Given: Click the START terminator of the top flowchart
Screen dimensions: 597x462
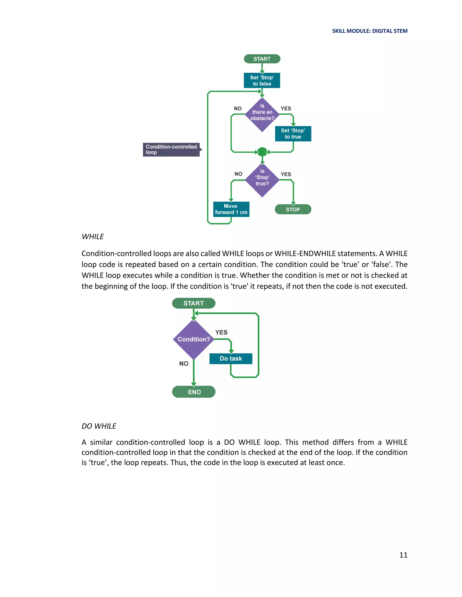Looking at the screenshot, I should coord(262,59).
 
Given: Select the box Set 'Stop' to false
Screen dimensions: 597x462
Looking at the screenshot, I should coord(262,80).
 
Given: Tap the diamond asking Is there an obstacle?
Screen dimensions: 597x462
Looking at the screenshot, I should coord(262,114).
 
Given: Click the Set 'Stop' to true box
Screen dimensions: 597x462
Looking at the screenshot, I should coord(293,134).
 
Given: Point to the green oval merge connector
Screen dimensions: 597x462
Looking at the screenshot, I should coord(262,152).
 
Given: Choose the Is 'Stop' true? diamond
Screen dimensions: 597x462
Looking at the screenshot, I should coord(262,180).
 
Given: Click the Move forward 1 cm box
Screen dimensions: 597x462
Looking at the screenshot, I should coord(231,209).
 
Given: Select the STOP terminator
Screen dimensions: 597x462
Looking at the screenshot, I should coord(293,209).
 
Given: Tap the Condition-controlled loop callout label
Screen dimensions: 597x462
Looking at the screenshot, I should coord(171,150).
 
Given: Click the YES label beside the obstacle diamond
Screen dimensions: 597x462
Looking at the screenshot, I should coord(286,109).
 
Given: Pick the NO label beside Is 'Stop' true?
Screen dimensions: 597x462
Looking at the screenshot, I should coord(238,174).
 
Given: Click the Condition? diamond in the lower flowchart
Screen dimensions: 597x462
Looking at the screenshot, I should coord(194,339).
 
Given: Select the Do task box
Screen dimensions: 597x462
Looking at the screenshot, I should coord(231,358).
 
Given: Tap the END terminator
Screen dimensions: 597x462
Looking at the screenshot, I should coord(194,392).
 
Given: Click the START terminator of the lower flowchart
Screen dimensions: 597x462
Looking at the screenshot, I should coord(194,303).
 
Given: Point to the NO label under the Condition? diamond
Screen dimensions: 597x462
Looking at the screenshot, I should coord(184,364).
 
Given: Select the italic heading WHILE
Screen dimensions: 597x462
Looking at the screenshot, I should coord(92,237).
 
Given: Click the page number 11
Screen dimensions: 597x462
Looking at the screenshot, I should coord(403,555).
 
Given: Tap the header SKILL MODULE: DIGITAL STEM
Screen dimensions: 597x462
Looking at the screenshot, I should coord(370,31).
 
